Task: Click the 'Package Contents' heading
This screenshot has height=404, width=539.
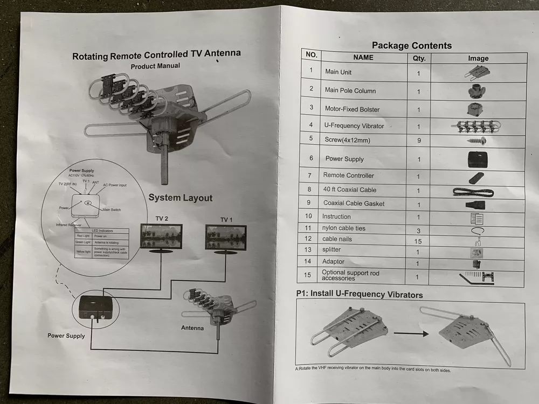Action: [412, 45]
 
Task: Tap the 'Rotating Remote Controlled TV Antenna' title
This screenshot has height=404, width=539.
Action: [156, 54]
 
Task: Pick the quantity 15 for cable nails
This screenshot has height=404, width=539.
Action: [418, 241]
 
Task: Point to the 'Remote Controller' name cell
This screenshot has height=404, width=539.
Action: [348, 175]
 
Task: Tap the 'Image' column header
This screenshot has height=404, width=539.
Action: [478, 58]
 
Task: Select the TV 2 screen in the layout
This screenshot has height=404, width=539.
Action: [161, 236]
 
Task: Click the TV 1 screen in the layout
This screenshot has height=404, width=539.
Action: [225, 237]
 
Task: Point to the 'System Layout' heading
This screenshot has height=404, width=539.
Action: [181, 198]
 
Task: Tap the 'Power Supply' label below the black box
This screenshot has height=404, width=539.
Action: [66, 336]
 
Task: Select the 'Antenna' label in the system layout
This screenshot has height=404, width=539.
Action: [192, 328]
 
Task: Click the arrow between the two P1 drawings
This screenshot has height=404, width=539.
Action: [411, 333]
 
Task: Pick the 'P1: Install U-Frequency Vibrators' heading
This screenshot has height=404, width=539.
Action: [360, 295]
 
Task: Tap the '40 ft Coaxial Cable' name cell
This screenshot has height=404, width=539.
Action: [350, 190]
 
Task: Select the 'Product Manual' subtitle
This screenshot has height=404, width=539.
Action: [155, 66]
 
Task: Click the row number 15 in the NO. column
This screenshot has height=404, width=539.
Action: [308, 275]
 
